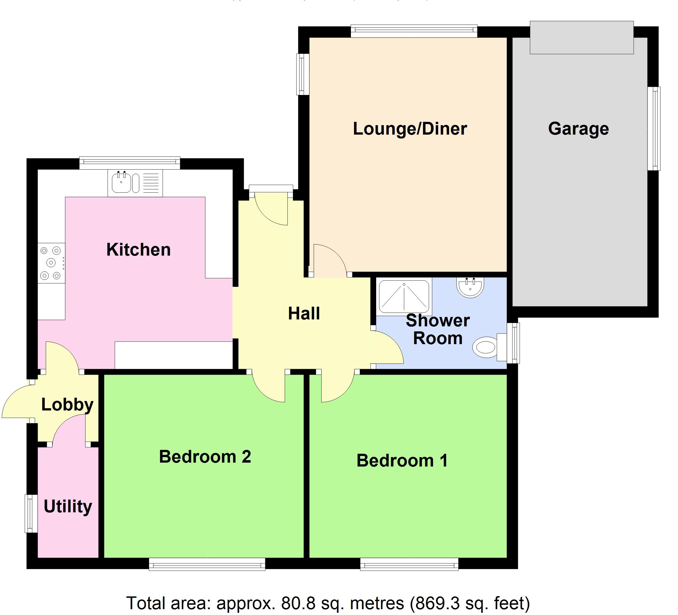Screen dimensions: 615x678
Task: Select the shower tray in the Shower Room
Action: click(x=404, y=296)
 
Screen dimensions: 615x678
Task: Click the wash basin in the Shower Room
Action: click(x=470, y=287)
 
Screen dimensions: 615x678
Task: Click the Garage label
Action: click(x=578, y=129)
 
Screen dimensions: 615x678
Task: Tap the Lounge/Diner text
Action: click(x=410, y=129)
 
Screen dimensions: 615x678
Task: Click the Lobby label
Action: click(x=67, y=405)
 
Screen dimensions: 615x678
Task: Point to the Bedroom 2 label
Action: click(x=205, y=457)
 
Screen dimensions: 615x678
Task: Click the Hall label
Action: click(x=304, y=314)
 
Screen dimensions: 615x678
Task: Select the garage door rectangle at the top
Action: click(x=581, y=37)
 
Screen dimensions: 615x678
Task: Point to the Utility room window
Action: click(x=31, y=514)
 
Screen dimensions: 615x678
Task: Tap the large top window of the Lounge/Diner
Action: click(x=414, y=31)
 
